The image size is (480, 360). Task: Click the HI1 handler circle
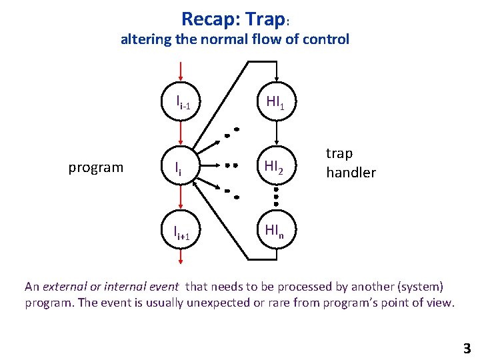(275, 102)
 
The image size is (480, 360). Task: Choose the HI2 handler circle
(275, 167)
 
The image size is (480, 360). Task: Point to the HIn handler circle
(275, 231)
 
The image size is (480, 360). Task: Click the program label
(95, 167)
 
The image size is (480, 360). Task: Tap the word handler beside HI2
(351, 173)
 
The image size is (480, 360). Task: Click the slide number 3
(466, 347)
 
